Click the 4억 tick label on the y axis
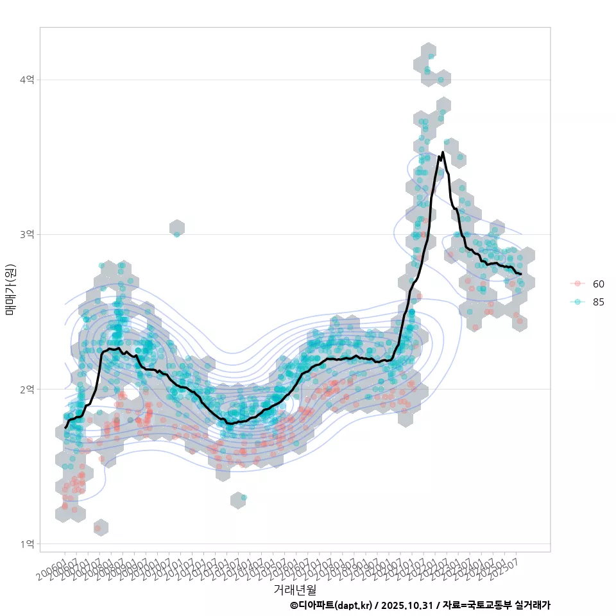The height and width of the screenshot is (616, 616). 27,80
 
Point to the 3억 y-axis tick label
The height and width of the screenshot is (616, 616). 27,234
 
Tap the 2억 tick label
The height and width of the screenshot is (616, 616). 27,389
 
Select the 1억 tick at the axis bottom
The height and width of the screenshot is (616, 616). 27,543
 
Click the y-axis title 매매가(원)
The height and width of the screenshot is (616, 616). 10,289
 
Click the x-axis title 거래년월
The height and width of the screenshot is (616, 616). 295,589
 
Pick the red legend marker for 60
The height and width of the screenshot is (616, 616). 578,284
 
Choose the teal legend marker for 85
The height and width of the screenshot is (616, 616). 578,302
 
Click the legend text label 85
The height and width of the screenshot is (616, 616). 599,302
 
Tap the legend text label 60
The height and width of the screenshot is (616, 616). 599,284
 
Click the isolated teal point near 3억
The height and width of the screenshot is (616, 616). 176,234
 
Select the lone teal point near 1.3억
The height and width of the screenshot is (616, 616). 244,497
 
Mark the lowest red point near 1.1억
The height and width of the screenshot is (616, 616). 98,528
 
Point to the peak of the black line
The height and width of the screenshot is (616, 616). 443,153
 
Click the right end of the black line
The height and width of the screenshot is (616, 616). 529,274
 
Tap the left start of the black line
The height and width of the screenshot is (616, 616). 65,427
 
